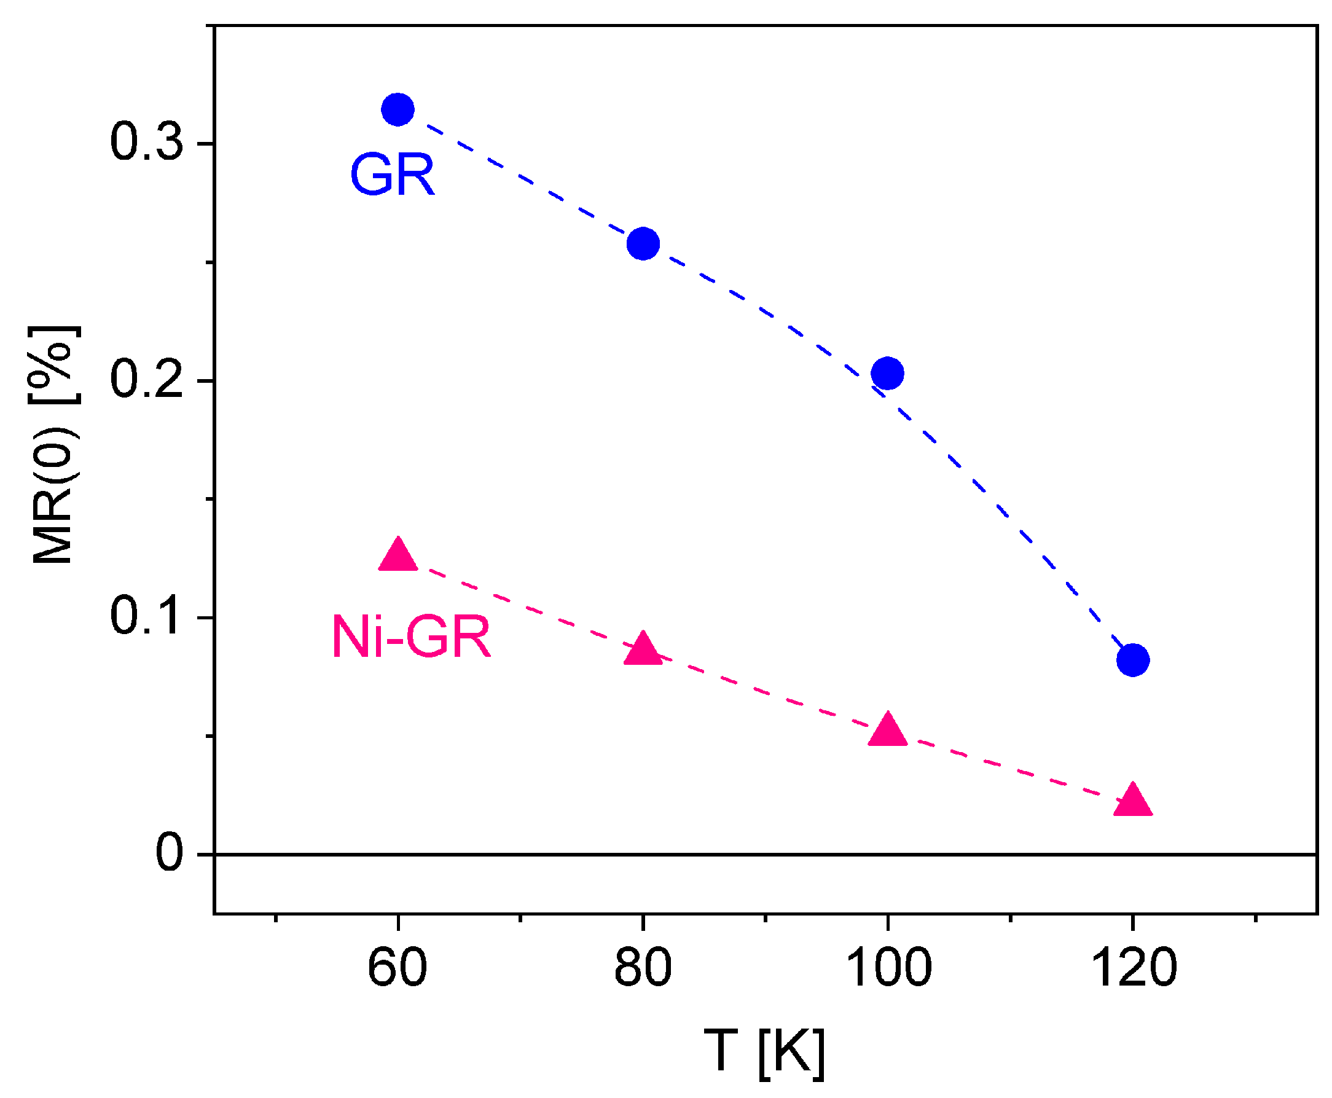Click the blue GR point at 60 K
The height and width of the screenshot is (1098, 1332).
click(x=397, y=110)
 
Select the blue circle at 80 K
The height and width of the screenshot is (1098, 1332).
click(x=643, y=243)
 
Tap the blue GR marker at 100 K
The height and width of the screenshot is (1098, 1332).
click(x=887, y=373)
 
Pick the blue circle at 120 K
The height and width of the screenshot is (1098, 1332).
click(x=1132, y=661)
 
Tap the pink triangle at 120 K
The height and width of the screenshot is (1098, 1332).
click(x=1132, y=800)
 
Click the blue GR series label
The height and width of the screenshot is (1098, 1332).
click(x=392, y=175)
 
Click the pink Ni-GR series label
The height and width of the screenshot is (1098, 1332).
click(x=411, y=638)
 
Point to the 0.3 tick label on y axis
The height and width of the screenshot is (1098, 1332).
click(x=147, y=141)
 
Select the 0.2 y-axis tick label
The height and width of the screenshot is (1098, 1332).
click(x=147, y=380)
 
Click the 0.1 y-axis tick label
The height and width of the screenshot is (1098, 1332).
click(x=147, y=616)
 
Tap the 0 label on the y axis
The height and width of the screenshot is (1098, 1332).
click(x=170, y=853)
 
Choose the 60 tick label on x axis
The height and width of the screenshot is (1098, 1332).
click(x=397, y=968)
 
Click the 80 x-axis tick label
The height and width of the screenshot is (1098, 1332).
click(x=643, y=968)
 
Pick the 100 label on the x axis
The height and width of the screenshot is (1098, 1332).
click(x=888, y=968)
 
